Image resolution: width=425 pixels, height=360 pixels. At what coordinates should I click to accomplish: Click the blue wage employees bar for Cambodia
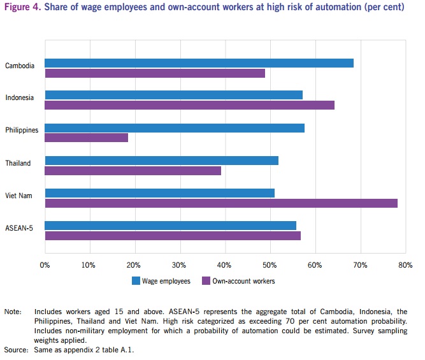click(199, 63)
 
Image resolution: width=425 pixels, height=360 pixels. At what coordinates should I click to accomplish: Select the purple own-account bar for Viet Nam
click(221, 203)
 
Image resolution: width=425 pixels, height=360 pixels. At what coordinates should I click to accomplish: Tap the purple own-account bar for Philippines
click(86, 138)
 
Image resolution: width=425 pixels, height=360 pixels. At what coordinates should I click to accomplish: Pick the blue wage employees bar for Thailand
click(161, 160)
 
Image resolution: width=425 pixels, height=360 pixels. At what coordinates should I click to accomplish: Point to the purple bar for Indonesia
click(189, 105)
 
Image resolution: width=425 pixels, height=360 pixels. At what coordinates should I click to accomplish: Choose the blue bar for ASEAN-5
click(170, 226)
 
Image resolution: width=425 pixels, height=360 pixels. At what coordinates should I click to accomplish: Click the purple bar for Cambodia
click(155, 73)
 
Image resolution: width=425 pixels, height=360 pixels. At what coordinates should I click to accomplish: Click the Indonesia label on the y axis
click(20, 97)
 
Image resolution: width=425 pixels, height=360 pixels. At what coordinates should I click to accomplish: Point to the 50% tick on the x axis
click(270, 264)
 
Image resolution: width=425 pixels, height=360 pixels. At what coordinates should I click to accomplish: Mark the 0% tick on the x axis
click(45, 264)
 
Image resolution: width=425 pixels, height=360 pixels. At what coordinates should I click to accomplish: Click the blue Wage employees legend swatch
click(136, 280)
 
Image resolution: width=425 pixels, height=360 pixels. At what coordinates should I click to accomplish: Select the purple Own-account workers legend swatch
click(205, 280)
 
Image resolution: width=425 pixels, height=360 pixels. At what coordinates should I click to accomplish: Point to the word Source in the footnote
click(16, 350)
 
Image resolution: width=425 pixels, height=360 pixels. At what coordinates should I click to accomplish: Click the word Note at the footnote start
click(13, 312)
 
